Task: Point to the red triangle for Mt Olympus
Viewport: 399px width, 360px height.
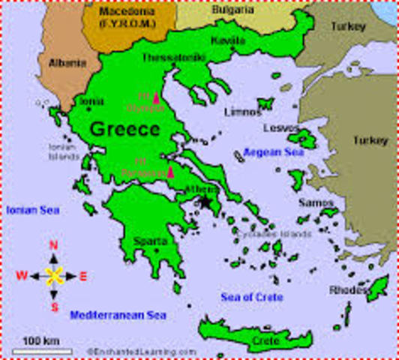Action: (156, 98)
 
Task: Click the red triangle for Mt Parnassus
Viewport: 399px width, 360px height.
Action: (170, 172)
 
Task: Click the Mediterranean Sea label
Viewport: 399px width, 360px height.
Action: (118, 315)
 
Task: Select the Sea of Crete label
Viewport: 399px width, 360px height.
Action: (252, 298)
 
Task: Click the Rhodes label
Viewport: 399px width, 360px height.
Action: (347, 290)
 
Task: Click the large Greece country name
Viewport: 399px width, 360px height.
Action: (124, 129)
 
